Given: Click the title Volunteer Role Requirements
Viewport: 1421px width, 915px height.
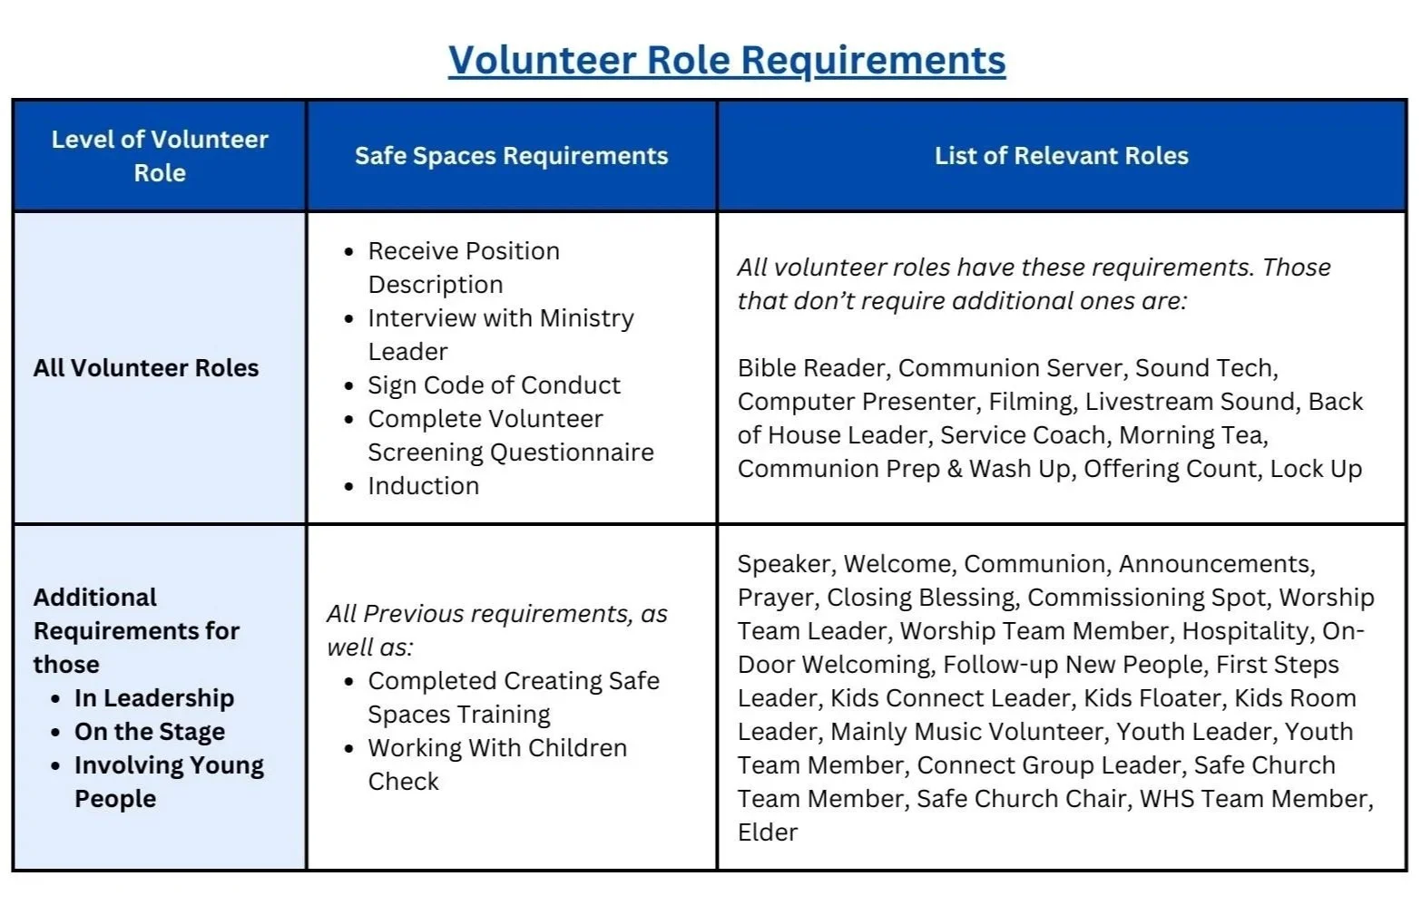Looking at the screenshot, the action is (727, 61).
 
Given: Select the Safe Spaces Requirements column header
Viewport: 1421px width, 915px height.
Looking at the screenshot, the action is (511, 156).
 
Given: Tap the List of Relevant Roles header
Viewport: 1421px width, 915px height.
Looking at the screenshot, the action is (1062, 156).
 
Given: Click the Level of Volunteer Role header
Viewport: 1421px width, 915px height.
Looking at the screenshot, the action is (160, 156).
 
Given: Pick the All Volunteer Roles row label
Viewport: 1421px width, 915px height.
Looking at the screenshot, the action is (146, 368).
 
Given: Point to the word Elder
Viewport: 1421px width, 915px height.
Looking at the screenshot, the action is (768, 832).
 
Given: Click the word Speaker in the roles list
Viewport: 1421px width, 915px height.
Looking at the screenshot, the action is (783, 564).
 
